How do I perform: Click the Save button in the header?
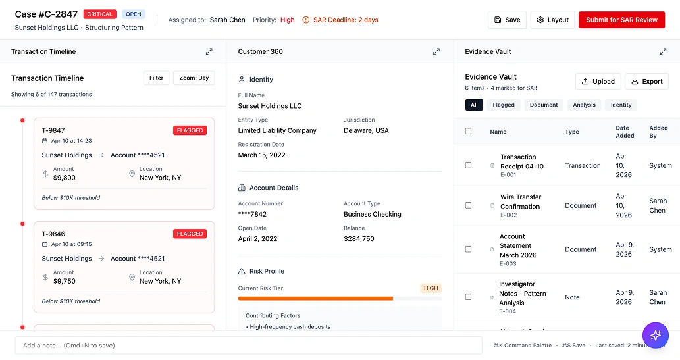coord(507,20)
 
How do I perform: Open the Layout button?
coord(552,20)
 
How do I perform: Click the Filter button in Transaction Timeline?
coord(156,78)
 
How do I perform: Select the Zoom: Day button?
coord(194,78)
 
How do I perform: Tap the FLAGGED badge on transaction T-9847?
coord(190,130)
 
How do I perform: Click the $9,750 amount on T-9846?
coord(65,281)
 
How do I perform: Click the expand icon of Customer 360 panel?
coord(436,51)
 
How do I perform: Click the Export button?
coord(646,81)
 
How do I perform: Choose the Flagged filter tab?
coord(504,105)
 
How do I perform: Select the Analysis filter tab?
coord(584,105)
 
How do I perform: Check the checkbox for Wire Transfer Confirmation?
coord(469,205)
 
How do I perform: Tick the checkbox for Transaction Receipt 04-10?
coord(469,165)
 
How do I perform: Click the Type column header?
coord(572,132)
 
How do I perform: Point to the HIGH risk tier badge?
coord(431,288)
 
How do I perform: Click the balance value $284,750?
coord(359,238)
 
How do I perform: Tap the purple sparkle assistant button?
coord(655,335)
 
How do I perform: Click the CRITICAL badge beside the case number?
coord(100,14)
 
